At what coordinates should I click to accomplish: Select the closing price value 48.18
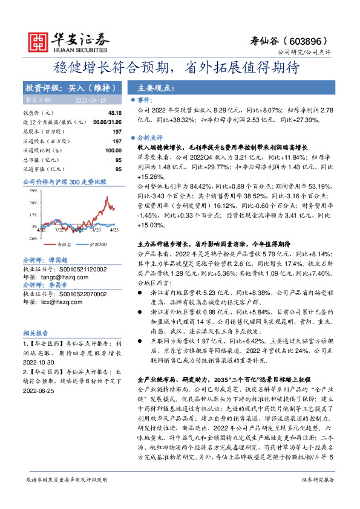[x=114, y=113]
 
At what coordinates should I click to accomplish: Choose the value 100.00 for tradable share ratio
[x=113, y=150]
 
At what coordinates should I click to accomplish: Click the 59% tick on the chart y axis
[x=34, y=190]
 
